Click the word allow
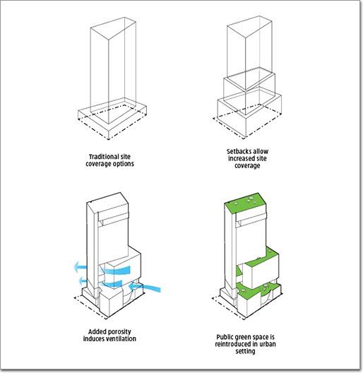[x=260, y=151]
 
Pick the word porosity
[x=120, y=332]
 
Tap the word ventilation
[x=121, y=339]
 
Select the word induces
[x=94, y=339]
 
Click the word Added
[x=97, y=331]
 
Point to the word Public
[x=225, y=337]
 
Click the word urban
[x=268, y=344]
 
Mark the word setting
[x=245, y=351]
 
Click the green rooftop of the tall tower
[x=245, y=203]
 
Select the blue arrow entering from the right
[x=145, y=287]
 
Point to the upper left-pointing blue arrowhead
[x=77, y=267]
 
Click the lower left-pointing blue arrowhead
[x=81, y=281]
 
